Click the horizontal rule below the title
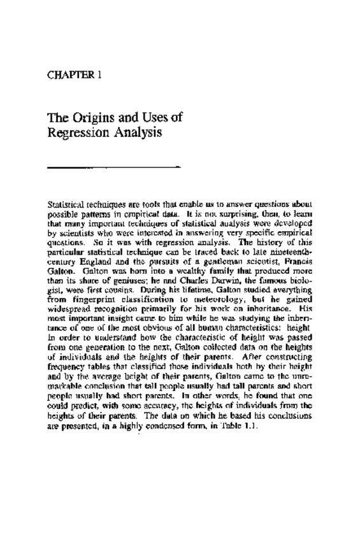click(x=115, y=167)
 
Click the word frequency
click(x=67, y=359)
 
